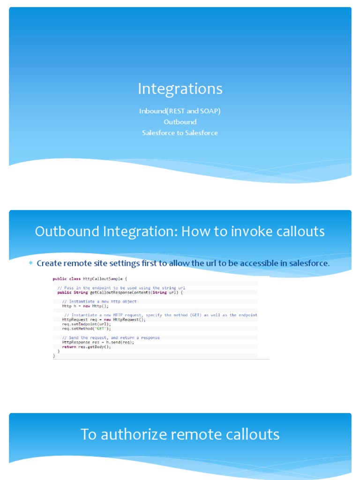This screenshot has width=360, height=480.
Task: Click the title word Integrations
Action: point(180,89)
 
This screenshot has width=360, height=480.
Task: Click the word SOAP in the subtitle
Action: point(210,111)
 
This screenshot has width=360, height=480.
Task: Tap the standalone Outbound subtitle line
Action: point(180,122)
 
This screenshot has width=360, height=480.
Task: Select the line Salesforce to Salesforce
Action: point(180,133)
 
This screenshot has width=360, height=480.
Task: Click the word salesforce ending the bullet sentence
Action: point(309,263)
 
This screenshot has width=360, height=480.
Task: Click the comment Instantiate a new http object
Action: point(103,301)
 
